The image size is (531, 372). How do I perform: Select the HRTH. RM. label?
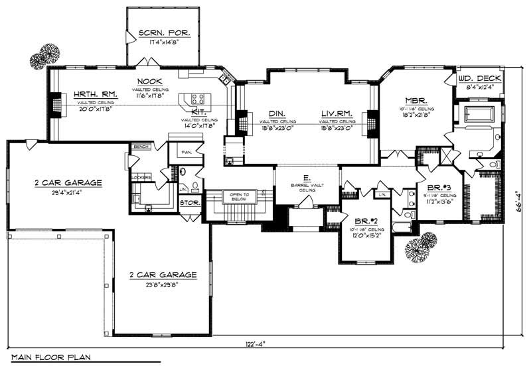tap(96, 95)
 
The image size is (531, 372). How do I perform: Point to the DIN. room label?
tap(277, 113)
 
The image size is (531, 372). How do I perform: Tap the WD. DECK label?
tap(479, 78)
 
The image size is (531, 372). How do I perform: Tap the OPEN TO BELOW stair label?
tap(238, 197)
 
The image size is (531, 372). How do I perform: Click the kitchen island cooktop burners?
tap(198, 99)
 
